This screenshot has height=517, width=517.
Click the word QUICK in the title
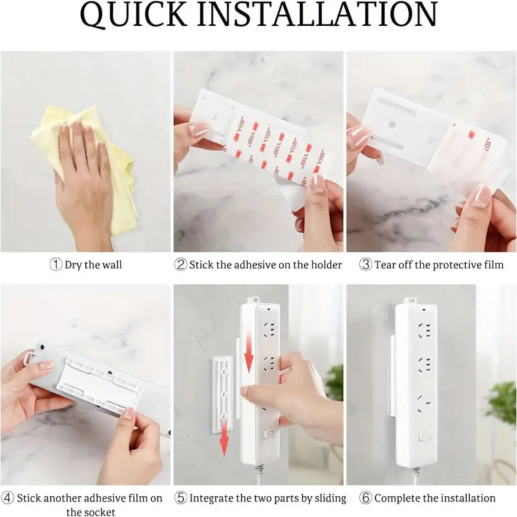134,14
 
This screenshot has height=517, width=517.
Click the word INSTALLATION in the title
317,14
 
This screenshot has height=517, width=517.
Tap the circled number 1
56,264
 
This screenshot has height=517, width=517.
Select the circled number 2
181,264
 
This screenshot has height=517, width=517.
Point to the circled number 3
366,264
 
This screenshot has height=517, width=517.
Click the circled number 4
7,498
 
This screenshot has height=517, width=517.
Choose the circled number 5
181,498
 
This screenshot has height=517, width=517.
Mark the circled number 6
366,498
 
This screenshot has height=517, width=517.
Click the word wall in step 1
111,265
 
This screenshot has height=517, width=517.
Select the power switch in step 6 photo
423,436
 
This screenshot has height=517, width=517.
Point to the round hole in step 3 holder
392,125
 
